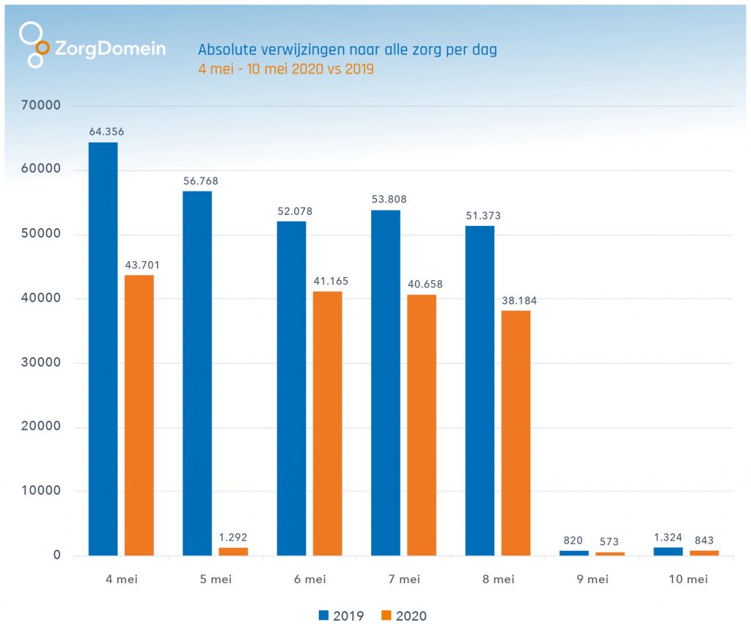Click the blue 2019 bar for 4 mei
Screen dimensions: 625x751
click(x=103, y=348)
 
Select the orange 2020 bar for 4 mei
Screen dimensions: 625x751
click(x=139, y=415)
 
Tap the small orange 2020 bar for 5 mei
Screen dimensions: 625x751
click(x=233, y=551)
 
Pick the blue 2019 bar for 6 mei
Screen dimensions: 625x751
click(x=291, y=388)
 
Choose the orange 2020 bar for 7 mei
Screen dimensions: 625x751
click(x=422, y=425)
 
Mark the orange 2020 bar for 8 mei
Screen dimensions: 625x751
click(x=516, y=433)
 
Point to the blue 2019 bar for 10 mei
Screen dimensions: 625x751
click(x=668, y=551)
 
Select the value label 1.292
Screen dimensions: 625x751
click(x=233, y=537)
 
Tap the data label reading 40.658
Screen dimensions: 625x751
click(x=422, y=284)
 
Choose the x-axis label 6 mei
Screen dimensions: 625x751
click(x=309, y=580)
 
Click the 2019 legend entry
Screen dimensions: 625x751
click(x=342, y=615)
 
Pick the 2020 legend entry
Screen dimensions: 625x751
click(x=404, y=615)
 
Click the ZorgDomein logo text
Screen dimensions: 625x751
click(x=111, y=49)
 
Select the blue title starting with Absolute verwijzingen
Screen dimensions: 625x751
click(x=348, y=50)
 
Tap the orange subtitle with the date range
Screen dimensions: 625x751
click(x=286, y=70)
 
